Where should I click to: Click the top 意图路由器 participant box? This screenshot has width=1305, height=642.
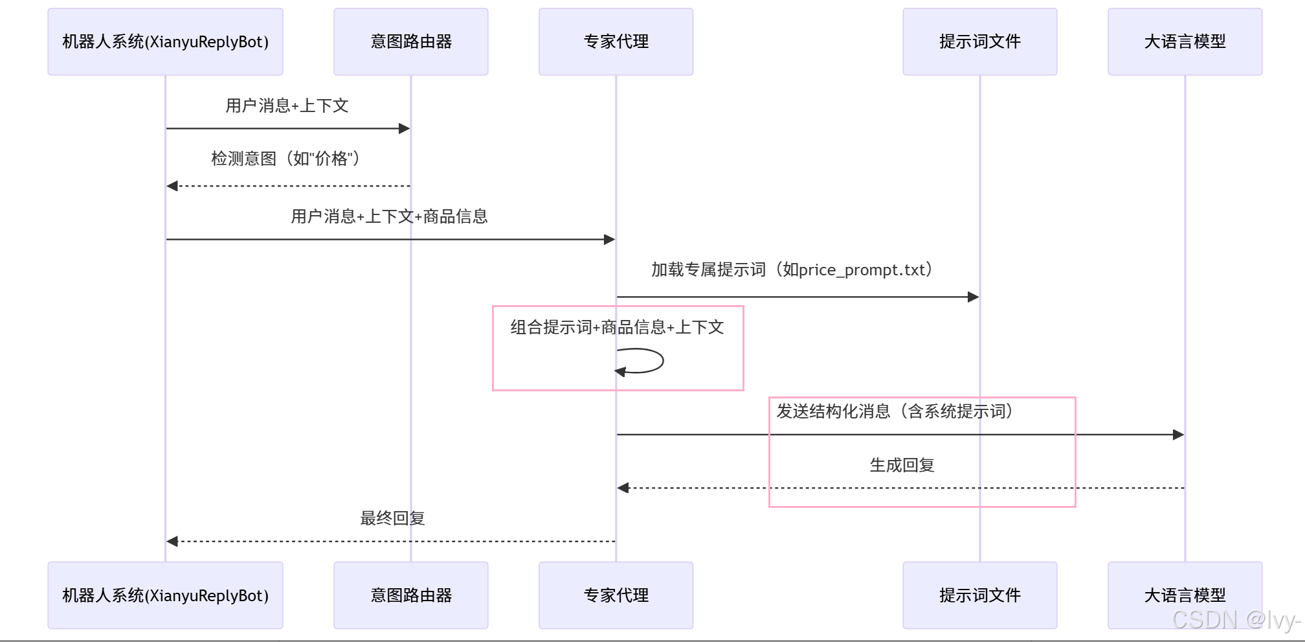coord(410,41)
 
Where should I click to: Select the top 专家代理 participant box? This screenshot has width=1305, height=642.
coord(616,41)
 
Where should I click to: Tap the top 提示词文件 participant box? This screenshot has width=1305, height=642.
coord(979,41)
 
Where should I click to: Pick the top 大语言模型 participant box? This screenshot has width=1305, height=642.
coord(1185,41)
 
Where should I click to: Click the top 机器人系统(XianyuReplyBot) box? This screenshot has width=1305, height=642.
coord(165,41)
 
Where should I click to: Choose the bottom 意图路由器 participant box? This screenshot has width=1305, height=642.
coord(410,595)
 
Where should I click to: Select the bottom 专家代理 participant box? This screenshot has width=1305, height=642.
coord(616,595)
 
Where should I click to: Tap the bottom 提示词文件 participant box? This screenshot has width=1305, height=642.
coord(979,595)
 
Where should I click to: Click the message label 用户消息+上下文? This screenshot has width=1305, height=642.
coord(287,106)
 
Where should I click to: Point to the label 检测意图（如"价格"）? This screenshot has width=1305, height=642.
coord(287,159)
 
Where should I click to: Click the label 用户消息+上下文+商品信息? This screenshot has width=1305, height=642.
coord(389,216)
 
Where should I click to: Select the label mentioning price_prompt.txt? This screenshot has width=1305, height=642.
coord(792,269)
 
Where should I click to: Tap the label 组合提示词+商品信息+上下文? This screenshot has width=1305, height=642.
coord(617,327)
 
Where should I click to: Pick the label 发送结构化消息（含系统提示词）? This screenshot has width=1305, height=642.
coord(895,411)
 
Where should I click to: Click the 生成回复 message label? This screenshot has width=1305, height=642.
coord(902,465)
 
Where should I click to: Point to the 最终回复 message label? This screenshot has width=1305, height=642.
coord(392,518)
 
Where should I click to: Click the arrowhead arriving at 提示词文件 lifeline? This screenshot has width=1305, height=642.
coord(973,297)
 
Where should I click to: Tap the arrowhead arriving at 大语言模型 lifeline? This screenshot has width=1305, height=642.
coord(1178,435)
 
